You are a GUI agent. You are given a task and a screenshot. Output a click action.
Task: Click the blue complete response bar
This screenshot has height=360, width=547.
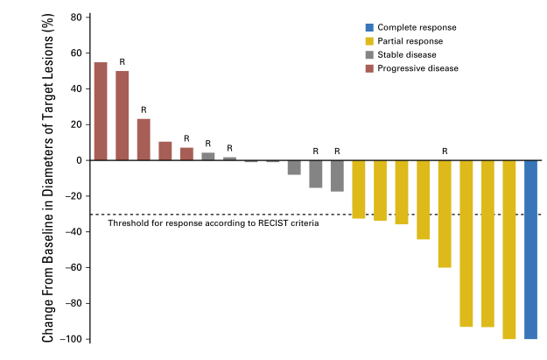coord(531,249)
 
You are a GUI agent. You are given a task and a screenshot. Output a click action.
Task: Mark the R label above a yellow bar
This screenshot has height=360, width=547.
coord(445,152)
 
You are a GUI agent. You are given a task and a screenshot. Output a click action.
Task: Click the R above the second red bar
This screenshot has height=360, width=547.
coord(123,62)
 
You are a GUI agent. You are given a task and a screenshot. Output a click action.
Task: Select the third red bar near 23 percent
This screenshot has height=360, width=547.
coord(144,139)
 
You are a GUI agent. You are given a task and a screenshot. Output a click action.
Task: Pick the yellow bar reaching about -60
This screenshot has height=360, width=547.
coord(445,214)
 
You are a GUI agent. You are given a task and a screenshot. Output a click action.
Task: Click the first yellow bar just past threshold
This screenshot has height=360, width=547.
coord(359,189)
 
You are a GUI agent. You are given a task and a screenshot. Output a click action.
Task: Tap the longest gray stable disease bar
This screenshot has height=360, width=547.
coord(337,175)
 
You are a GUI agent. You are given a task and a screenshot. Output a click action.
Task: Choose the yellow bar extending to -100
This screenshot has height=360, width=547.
coord(509,249)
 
